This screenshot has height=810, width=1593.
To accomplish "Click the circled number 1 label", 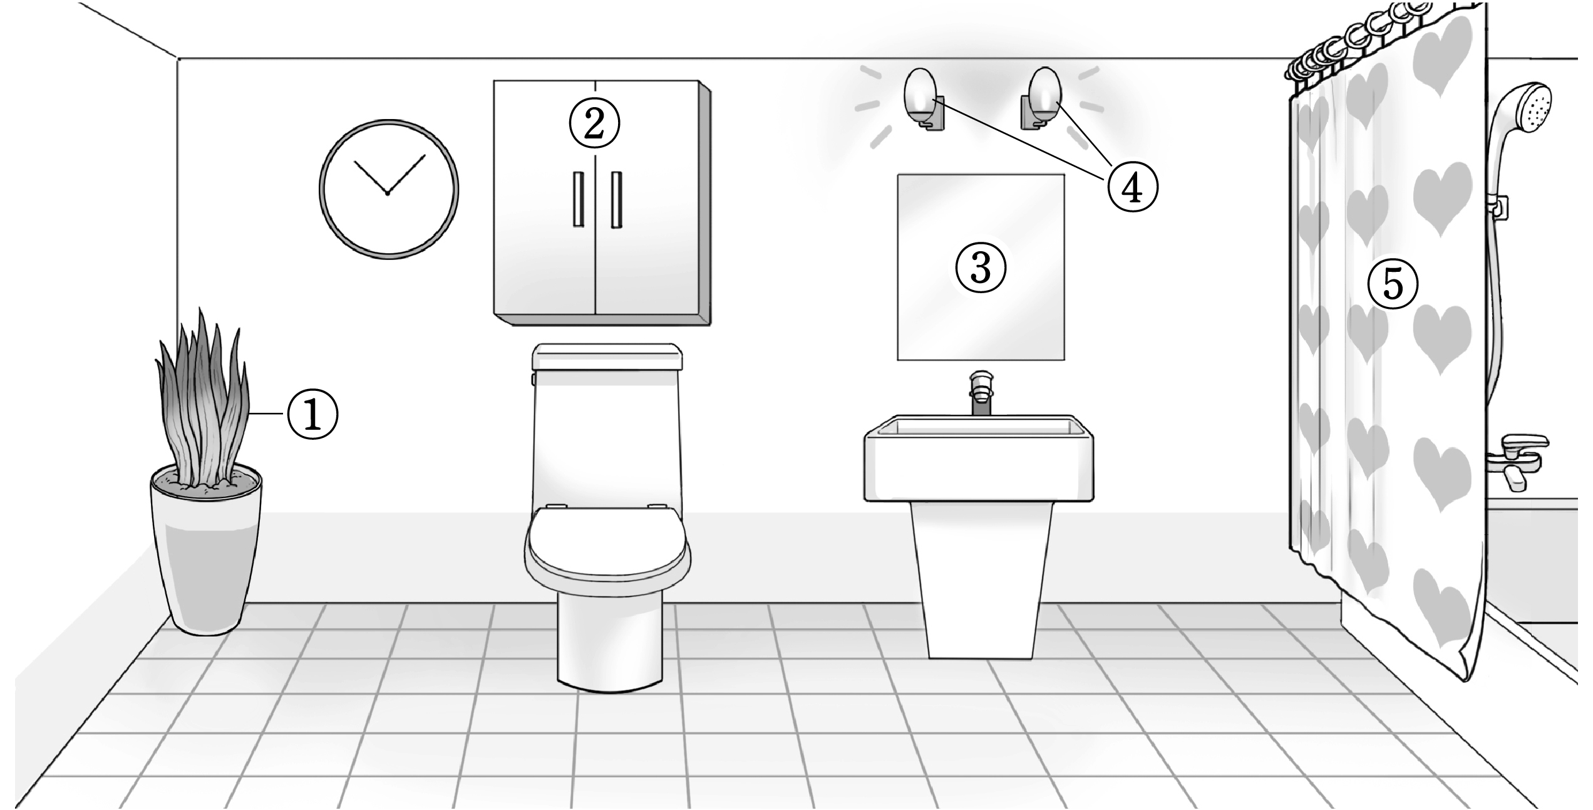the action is [x=312, y=414].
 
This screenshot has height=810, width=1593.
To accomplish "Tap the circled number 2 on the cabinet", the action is [x=594, y=124].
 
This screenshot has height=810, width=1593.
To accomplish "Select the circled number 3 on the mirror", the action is [x=980, y=267].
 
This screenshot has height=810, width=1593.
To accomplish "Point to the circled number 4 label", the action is [x=1132, y=186].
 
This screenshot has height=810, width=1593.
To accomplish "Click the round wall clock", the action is [x=388, y=189].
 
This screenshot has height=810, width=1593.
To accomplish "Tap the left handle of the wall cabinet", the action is [x=577, y=198].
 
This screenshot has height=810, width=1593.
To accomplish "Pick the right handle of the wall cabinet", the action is [x=617, y=198].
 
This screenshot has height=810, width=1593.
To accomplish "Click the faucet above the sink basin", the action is [x=981, y=393].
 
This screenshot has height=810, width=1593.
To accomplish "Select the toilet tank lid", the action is [x=606, y=355].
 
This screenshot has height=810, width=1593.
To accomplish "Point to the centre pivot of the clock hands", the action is [x=388, y=194].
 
